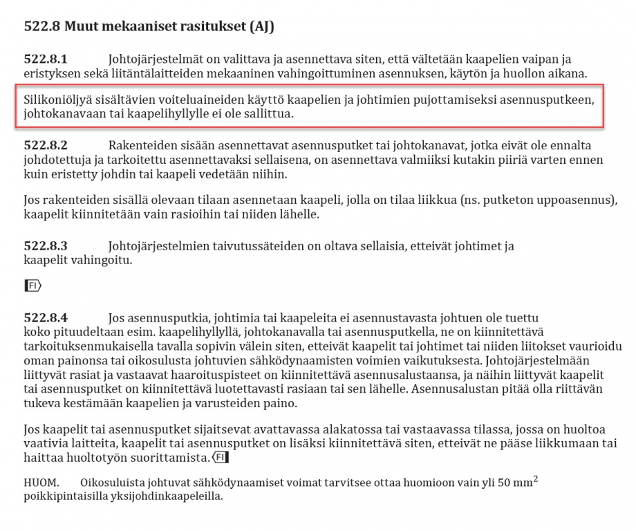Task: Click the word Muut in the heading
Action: [x=83, y=27]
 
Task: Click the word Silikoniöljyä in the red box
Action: [x=57, y=100]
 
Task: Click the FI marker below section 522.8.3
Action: [x=32, y=285]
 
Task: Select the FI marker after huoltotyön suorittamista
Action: [x=220, y=458]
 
